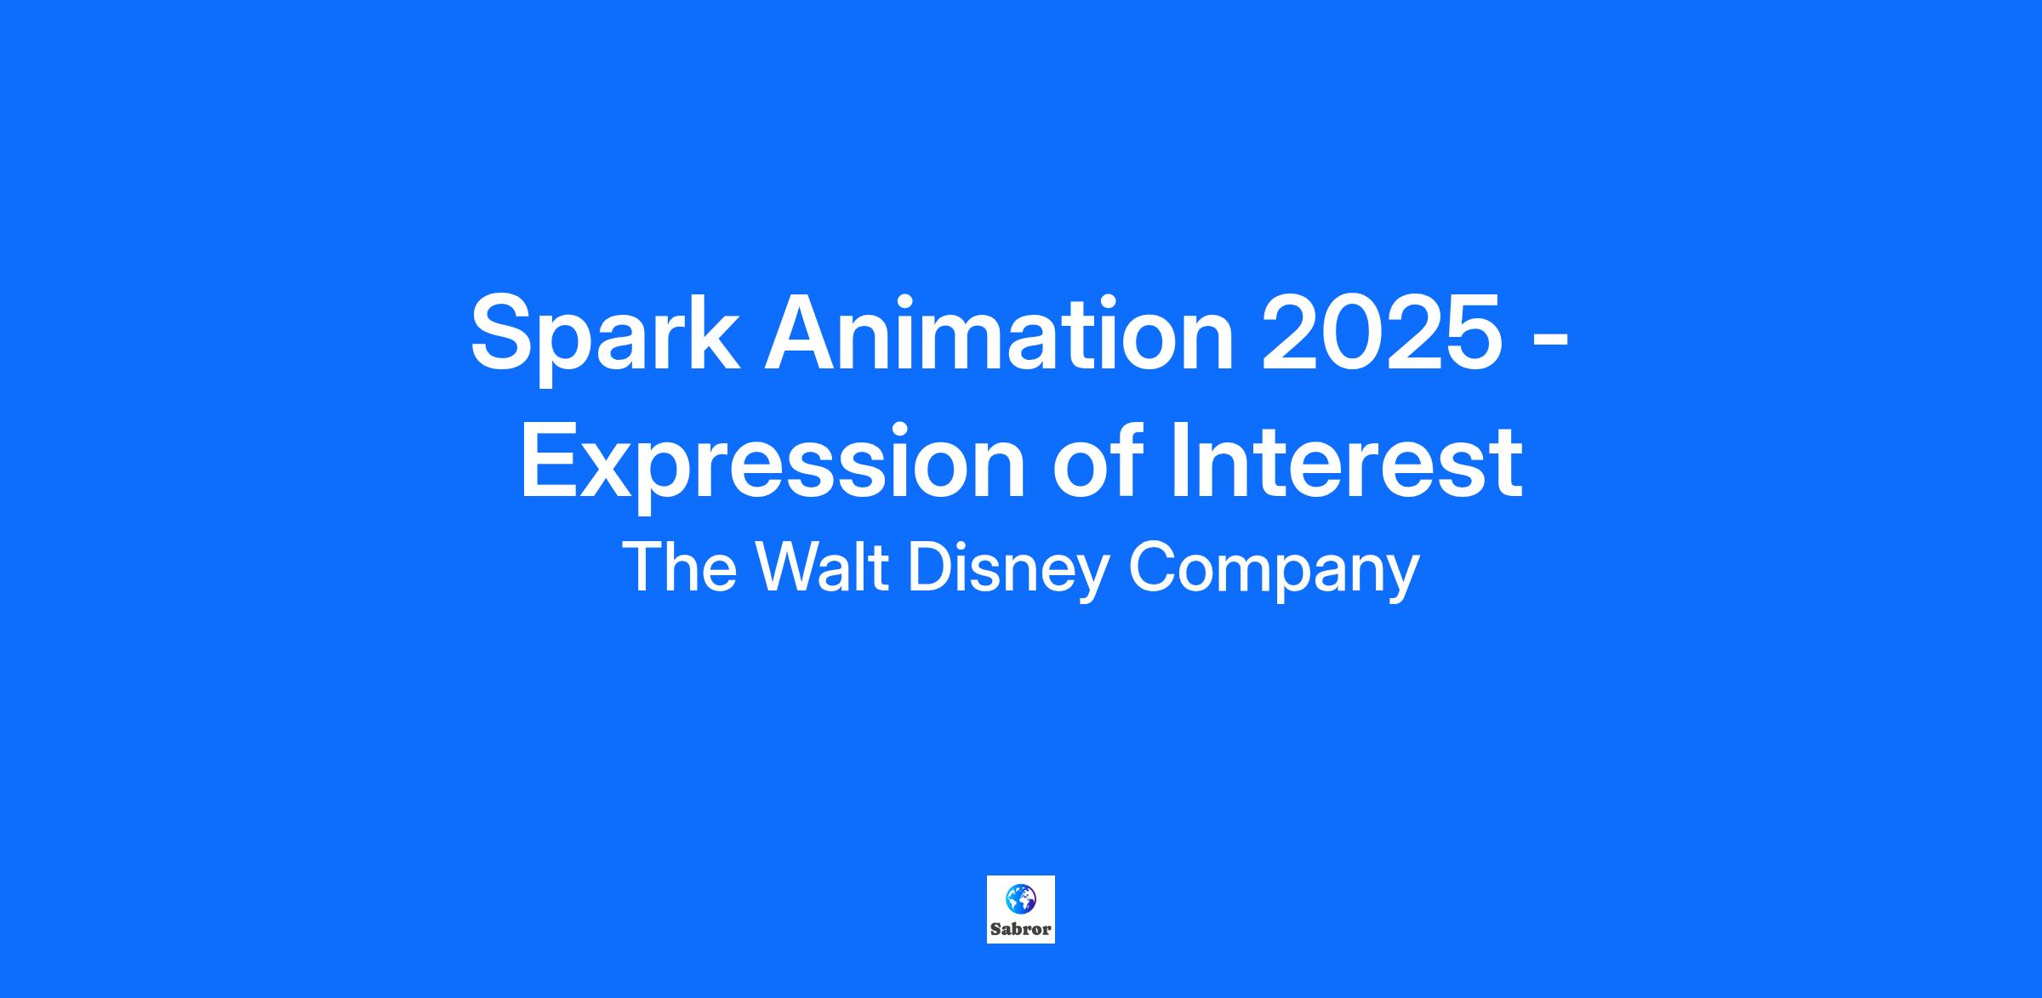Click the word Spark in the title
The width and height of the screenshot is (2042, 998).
(604, 337)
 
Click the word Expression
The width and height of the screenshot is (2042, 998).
(773, 463)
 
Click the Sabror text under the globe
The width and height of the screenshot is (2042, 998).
(1020, 930)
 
